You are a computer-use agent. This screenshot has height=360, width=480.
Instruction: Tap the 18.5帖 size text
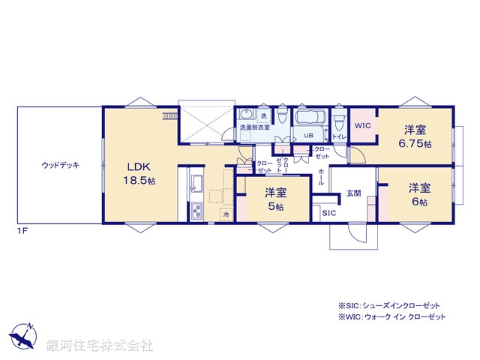pyautogui.click(x=139, y=181)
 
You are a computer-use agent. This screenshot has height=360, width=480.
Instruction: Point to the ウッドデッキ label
pyautogui.click(x=61, y=164)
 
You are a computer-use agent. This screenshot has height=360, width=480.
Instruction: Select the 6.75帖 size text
pyautogui.click(x=417, y=142)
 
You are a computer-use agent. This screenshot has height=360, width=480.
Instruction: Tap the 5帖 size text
pyautogui.click(x=274, y=206)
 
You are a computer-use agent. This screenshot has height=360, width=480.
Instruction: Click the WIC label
pyautogui.click(x=363, y=126)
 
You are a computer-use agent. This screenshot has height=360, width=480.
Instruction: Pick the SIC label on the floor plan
pyautogui.click(x=328, y=214)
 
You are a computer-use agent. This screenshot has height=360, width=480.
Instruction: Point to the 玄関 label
pyautogui.click(x=353, y=193)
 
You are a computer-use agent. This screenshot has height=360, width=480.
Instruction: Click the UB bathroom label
pyautogui.click(x=307, y=136)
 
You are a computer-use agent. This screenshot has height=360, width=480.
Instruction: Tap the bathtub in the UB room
pyautogui.click(x=309, y=118)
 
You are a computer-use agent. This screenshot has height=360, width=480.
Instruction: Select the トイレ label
pyautogui.click(x=339, y=136)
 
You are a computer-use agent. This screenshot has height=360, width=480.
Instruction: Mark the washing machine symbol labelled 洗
pyautogui.click(x=263, y=115)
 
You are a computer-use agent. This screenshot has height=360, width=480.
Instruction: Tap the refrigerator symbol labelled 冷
pyautogui.click(x=226, y=214)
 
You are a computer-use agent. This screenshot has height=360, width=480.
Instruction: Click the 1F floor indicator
pyautogui.click(x=22, y=229)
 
